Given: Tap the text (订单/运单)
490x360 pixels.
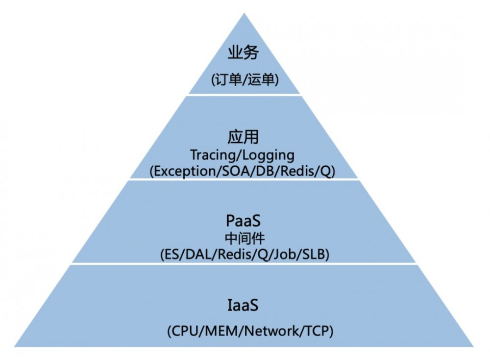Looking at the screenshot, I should coord(244,79).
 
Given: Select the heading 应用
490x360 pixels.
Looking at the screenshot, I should coord(244,137).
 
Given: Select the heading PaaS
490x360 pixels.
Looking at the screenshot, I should coord(244,219).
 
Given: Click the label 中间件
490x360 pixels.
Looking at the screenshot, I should coord(244,238).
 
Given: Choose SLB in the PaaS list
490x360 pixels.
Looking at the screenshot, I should coord(314,255).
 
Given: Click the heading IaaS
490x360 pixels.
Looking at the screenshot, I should coord(243,306).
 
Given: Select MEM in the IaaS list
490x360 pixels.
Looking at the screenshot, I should coord(220,331).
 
